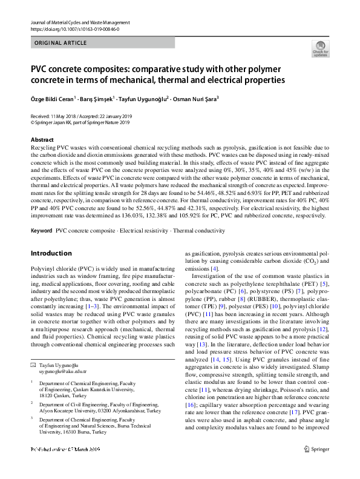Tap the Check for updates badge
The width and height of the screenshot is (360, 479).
320,48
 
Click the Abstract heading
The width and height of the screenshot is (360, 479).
42,140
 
